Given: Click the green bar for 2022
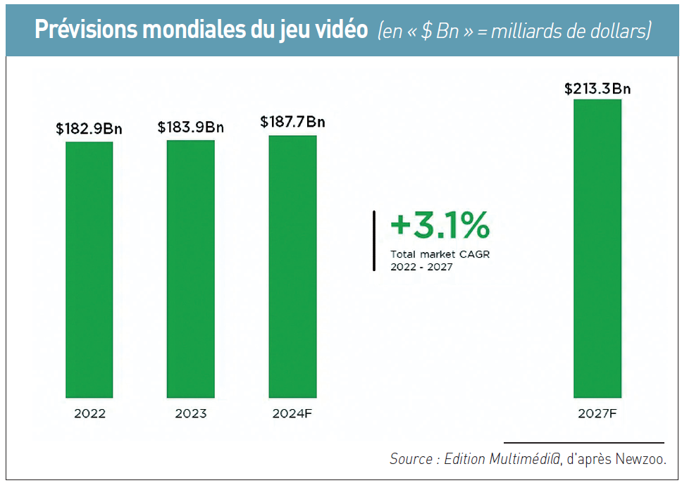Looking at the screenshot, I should coord(89,270).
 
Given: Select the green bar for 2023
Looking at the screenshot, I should coord(190,269).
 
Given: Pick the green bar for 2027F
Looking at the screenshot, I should coord(597,249).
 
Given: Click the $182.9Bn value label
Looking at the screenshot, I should coord(89,129).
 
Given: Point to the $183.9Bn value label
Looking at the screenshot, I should coord(190,127).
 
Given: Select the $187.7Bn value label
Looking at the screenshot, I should coord(292,122).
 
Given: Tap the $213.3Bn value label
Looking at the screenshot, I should coord(597,89).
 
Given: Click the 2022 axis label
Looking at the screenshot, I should coord(89,414).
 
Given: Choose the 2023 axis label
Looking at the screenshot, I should coord(190,414).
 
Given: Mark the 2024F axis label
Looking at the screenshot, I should coord(292,414).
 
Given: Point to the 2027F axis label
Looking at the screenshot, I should coord(597,414).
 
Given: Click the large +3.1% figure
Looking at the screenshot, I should coord(440,226).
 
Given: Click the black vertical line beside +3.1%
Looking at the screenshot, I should coord(374,240).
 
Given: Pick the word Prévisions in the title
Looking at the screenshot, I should coord(84,30).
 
